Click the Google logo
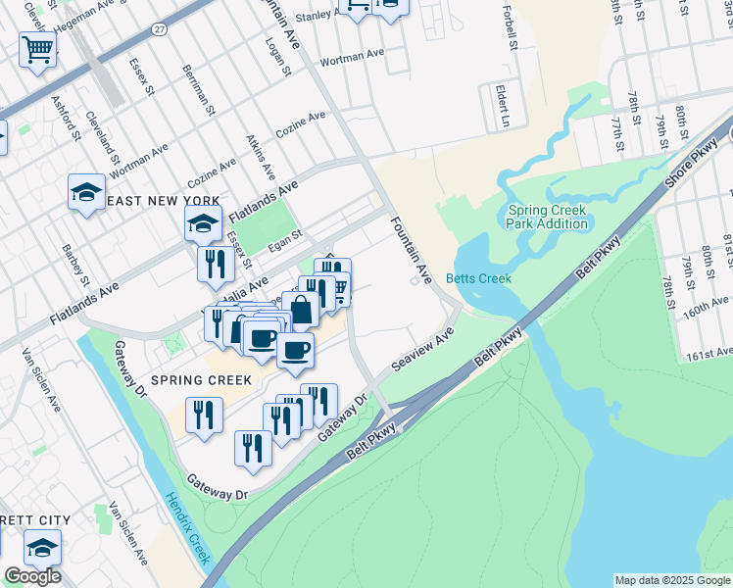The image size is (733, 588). pyautogui.click(x=32, y=576)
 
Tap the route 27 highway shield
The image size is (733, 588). pyautogui.click(x=159, y=31)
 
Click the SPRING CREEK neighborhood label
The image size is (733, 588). pyautogui.click(x=201, y=379)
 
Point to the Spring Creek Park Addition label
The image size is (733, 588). pyautogui.click(x=548, y=217)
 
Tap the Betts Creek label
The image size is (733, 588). pyautogui.click(x=478, y=278)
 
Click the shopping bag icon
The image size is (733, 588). pyautogui.click(x=301, y=309)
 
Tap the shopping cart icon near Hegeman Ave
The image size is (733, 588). pyautogui.click(x=37, y=48)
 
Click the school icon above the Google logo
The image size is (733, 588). pyautogui.click(x=42, y=548)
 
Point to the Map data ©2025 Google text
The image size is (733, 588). pyautogui.click(x=672, y=580)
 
